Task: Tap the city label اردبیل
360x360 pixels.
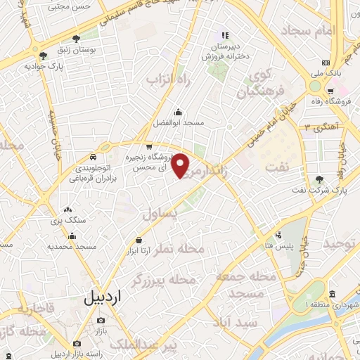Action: (x=103, y=297)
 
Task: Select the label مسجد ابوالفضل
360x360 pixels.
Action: (x=179, y=123)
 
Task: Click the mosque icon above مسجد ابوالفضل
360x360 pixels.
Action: (x=179, y=111)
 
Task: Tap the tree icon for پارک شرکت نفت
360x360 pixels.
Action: (x=320, y=179)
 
